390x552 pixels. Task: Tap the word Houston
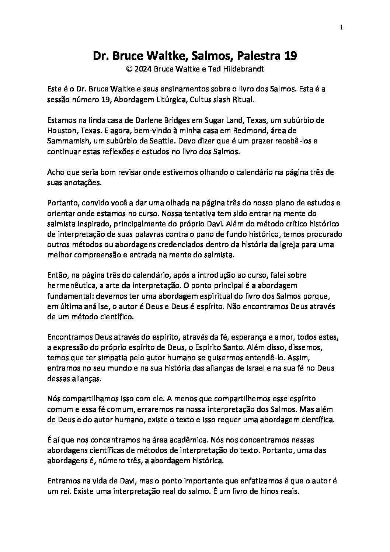tap(60, 131)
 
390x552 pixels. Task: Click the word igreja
tap(284, 244)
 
